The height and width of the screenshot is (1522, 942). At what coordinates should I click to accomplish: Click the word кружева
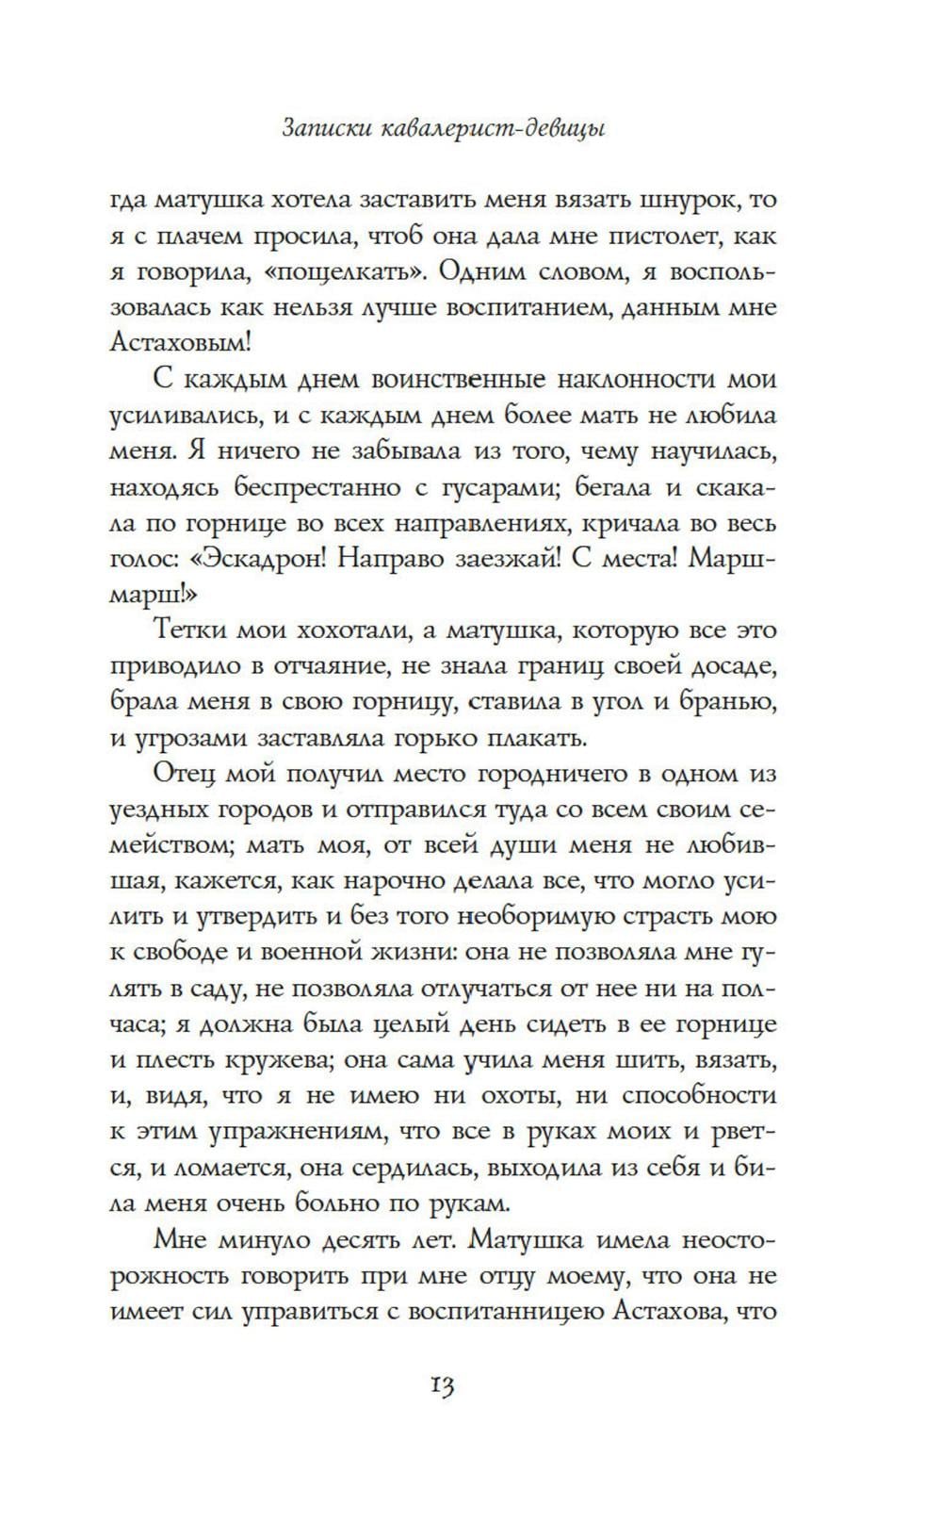[274, 1059]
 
